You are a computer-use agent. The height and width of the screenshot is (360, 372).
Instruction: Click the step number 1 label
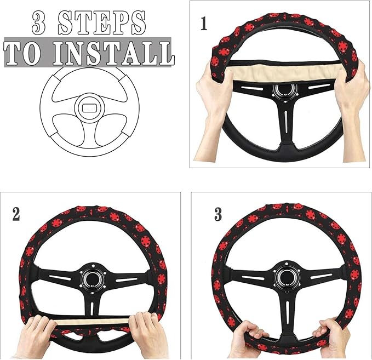point(203,25)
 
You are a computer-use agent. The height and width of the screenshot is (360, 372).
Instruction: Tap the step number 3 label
point(218,214)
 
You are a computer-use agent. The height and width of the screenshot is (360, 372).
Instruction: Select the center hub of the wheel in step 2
point(91,278)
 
